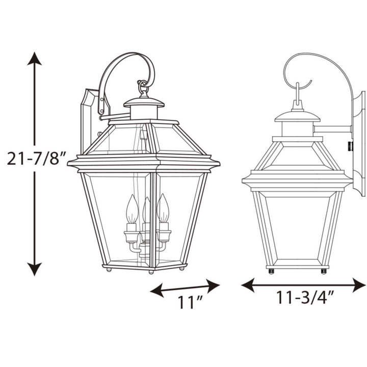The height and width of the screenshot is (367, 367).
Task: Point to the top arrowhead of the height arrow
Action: tap(35, 58)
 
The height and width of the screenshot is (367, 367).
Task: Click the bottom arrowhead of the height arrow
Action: tap(35, 270)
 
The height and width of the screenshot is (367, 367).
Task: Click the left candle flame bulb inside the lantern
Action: tap(132, 208)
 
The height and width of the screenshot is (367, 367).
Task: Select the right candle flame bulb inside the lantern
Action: tap(163, 207)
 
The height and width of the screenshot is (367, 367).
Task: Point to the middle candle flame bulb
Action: tap(147, 209)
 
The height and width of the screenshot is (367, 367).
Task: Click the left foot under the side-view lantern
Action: tap(271, 271)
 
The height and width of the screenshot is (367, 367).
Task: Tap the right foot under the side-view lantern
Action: tap(324, 271)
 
